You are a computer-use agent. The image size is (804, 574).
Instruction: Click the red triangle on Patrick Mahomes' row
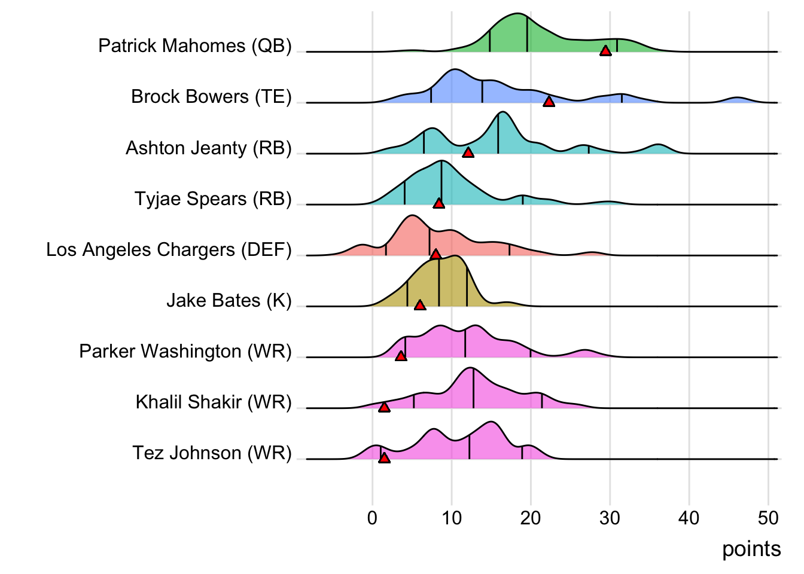[605, 51]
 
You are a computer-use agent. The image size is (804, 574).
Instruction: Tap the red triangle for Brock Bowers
[549, 102]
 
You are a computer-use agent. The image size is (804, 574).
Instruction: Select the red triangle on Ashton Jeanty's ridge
[468, 152]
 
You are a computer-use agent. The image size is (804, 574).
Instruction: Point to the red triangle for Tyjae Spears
[438, 203]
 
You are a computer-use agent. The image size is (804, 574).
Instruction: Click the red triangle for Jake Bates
[420, 306]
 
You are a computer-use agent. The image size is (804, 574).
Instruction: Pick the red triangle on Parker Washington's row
[401, 356]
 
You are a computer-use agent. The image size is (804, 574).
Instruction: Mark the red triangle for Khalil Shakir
[384, 407]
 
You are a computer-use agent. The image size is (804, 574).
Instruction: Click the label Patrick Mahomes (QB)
[195, 46]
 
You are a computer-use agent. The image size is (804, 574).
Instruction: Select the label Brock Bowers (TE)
[211, 97]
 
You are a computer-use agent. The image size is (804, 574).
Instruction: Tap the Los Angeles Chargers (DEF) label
[169, 249]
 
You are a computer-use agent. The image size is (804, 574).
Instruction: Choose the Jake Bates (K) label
[229, 300]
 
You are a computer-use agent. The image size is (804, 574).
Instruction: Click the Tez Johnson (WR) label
[212, 453]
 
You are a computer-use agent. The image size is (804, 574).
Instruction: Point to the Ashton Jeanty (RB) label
[208, 148]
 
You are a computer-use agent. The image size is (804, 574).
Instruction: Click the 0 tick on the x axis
[373, 518]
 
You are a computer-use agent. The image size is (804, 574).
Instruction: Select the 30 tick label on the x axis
[610, 518]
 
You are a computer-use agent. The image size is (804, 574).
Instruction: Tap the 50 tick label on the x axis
[768, 518]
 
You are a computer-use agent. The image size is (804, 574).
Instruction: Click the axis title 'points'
[751, 549]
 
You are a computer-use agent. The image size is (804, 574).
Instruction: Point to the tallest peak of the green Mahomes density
[518, 14]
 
